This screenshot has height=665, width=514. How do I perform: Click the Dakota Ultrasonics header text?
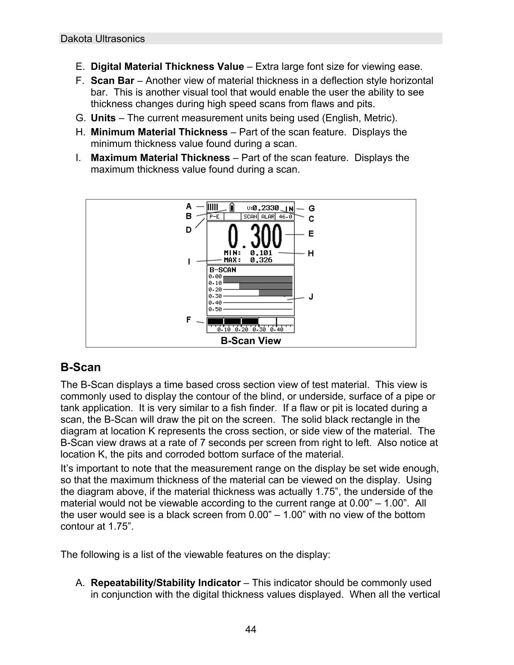(103, 39)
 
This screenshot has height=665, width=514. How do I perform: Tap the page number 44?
(251, 629)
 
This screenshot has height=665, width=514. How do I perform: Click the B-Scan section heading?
(81, 367)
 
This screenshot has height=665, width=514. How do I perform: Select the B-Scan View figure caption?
(251, 341)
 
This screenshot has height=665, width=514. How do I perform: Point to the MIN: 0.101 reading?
(248, 253)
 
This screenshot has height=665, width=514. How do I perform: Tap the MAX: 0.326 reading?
(248, 260)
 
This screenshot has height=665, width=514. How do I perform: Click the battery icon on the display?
(232, 208)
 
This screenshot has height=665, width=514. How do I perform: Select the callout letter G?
(311, 209)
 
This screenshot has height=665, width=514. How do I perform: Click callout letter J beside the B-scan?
(311, 297)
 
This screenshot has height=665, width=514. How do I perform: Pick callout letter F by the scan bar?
(188, 319)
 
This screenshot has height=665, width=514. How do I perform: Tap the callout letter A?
(188, 206)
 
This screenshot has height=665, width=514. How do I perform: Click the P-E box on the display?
(215, 217)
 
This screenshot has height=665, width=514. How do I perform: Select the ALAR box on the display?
(268, 217)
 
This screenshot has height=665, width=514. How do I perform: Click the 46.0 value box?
(285, 217)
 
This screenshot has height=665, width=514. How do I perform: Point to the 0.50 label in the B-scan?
(215, 309)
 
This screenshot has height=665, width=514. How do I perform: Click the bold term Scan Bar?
(112, 81)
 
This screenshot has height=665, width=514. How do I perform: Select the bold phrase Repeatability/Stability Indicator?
(165, 583)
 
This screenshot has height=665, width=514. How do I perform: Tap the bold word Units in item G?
(103, 118)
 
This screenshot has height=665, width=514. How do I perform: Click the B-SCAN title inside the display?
(222, 270)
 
